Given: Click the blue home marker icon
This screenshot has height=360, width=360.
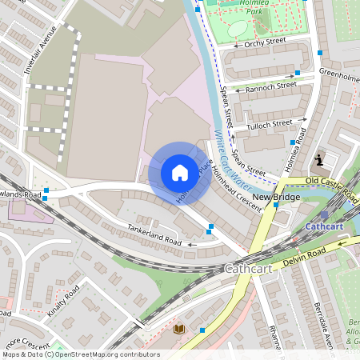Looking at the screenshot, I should pos(179,172).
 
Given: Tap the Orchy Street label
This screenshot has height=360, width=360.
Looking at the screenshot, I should pos(265,42).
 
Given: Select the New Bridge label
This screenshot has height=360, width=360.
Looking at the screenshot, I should pos(276,198).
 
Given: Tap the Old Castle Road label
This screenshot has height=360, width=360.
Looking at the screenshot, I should pos(330,182).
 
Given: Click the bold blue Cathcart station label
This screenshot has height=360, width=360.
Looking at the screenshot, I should pos(324,227).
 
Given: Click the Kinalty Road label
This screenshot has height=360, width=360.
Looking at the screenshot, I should pos(62,298).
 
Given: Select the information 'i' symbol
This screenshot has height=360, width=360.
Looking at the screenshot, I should pos(320,160).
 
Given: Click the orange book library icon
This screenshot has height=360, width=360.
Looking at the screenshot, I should pos(178,328).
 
